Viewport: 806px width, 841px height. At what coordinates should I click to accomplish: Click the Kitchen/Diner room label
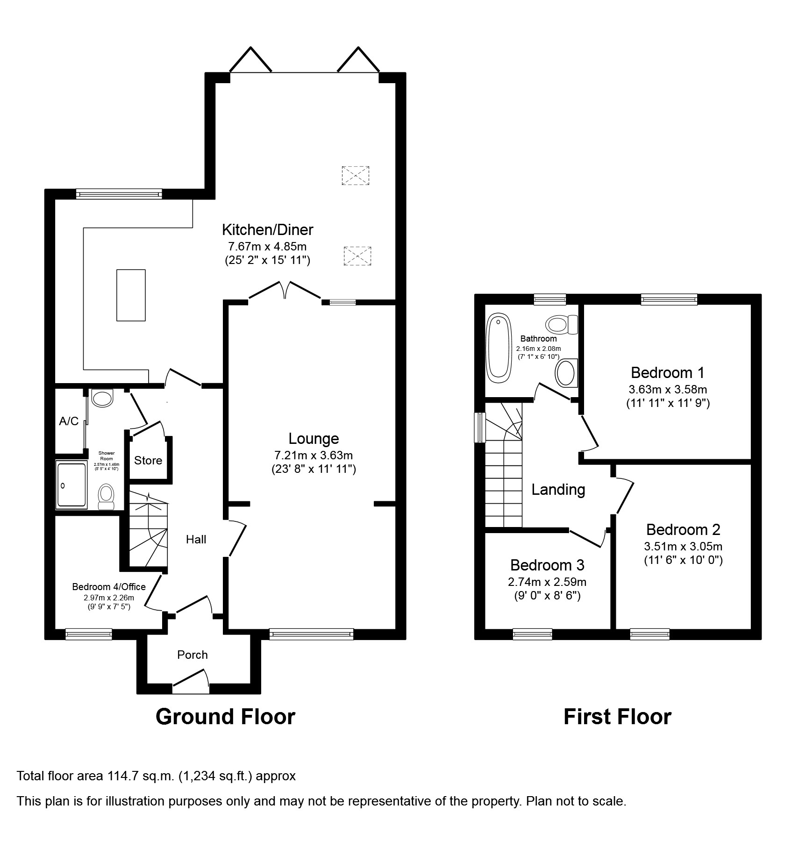(267, 230)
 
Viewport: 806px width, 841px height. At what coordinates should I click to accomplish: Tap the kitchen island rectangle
(131, 295)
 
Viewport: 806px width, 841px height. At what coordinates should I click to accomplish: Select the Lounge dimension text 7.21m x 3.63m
(314, 455)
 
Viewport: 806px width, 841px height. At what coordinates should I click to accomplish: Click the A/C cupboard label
(69, 421)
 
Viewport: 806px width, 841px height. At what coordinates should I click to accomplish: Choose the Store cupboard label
(148, 461)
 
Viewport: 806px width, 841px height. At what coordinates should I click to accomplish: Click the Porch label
(193, 655)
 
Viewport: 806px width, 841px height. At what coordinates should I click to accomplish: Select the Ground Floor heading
(225, 717)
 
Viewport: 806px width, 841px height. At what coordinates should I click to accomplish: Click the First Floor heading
(617, 717)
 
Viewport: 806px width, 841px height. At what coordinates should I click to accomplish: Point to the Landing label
(558, 490)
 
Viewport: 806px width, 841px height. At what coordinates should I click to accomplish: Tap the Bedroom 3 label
(547, 565)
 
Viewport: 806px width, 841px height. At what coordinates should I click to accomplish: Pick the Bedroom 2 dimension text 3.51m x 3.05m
(683, 546)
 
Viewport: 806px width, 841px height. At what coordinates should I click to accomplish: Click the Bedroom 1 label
(668, 373)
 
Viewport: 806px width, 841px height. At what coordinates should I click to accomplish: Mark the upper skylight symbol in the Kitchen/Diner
(356, 176)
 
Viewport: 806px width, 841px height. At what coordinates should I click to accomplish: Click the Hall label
(196, 540)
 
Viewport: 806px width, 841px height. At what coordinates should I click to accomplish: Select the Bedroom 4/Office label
(109, 587)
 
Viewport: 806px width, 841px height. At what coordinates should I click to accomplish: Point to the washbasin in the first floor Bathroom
(566, 373)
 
